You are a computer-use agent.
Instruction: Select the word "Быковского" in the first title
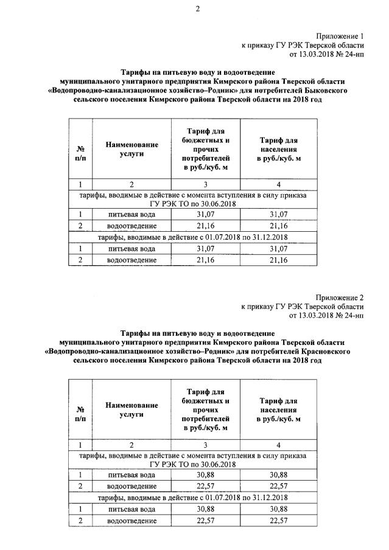326,89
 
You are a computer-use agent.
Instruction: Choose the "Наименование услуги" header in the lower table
131,409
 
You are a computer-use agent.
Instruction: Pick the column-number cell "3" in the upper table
205,184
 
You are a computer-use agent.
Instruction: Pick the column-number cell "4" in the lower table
278,445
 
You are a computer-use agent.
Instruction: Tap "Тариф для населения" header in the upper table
278,148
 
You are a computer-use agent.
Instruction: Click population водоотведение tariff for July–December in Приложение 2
278,520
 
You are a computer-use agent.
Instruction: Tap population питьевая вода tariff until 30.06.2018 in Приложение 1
278,214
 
